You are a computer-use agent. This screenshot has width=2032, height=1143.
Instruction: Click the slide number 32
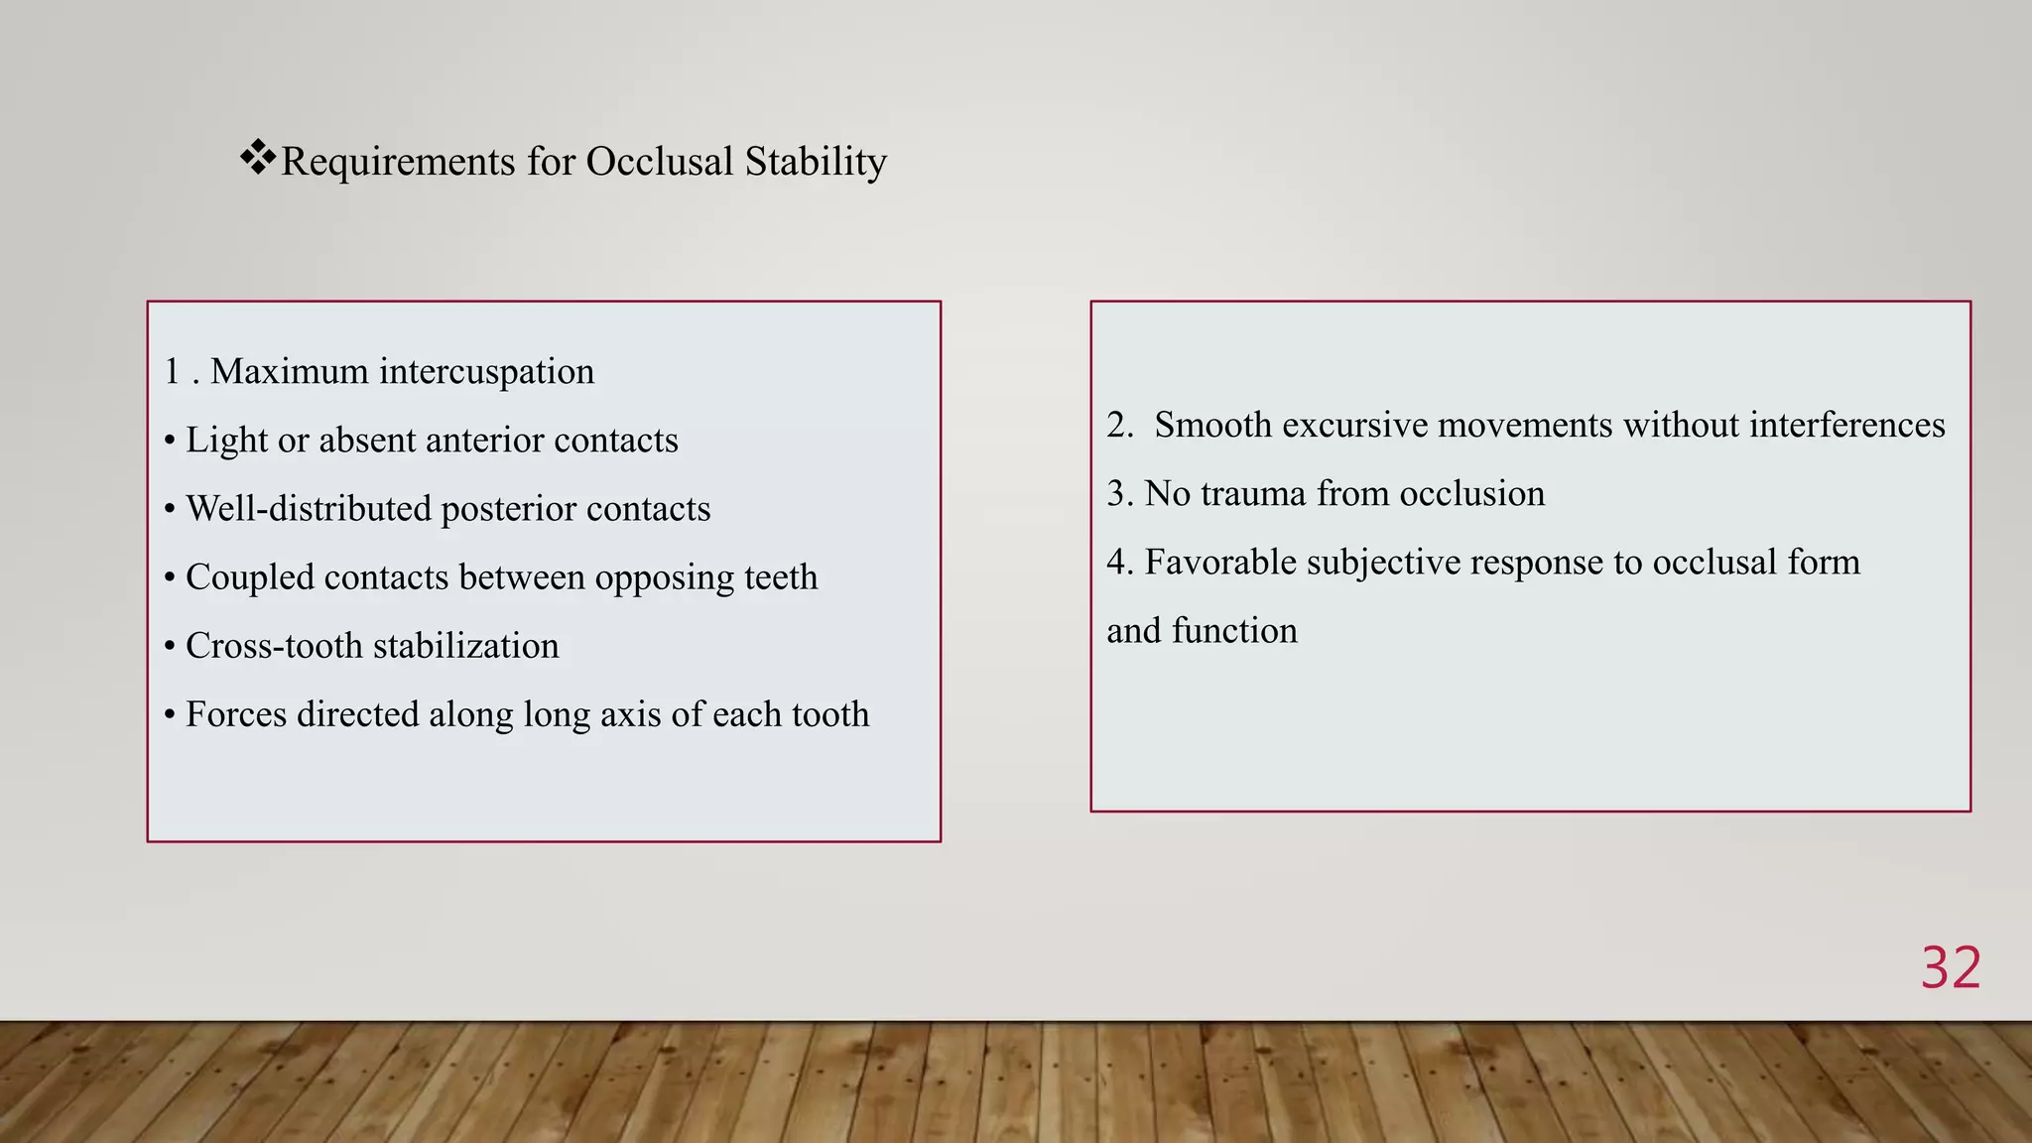click(x=1951, y=967)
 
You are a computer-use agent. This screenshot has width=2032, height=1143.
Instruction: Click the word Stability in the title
click(x=816, y=162)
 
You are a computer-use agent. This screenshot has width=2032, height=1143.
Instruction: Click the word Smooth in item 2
click(x=1212, y=426)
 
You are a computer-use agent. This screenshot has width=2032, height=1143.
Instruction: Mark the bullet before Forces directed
click(x=170, y=714)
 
